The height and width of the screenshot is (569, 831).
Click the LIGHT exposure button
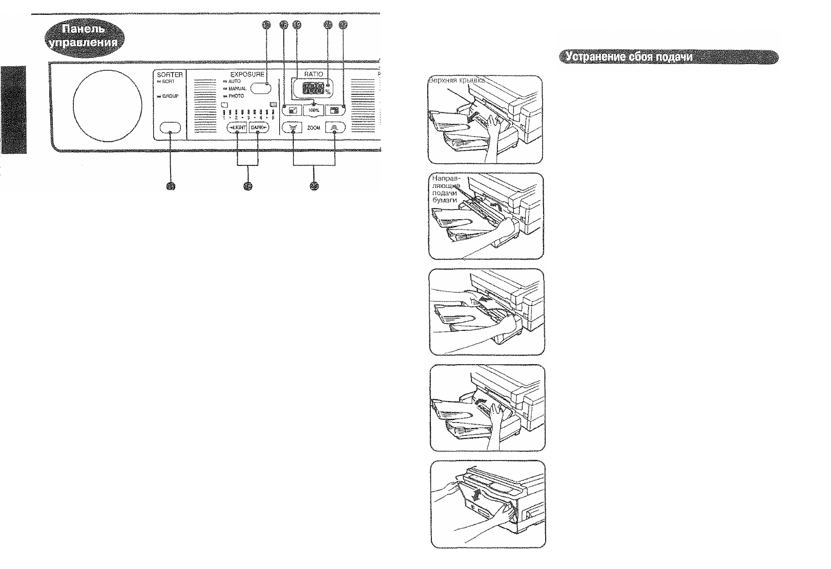237,128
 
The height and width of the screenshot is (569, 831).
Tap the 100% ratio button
313,110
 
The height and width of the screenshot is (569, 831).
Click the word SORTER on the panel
170,75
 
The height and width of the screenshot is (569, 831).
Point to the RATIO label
314,74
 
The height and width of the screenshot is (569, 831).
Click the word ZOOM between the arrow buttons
314,128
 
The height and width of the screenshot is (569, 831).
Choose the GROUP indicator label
170,96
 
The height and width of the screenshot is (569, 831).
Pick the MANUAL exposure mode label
237,89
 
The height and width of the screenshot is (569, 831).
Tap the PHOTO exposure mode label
236,96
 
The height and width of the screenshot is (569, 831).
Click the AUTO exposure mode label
234,81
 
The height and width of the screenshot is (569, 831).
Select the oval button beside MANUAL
261,88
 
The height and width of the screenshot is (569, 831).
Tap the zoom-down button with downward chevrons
293,128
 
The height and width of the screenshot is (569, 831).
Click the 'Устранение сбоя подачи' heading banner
668,57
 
